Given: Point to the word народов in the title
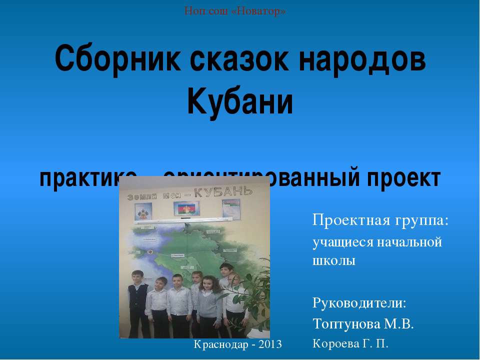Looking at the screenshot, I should coord(363,60).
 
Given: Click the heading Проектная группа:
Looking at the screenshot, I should coord(380,220).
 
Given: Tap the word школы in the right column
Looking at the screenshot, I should coord(333,261).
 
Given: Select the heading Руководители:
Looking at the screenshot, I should coord(359,302).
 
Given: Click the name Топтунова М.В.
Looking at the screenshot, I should coord(363,324).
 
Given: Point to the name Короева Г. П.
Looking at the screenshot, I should coord(350,343).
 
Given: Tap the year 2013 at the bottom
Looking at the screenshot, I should coord(270,344).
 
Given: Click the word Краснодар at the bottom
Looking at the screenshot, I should coord(222,344).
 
